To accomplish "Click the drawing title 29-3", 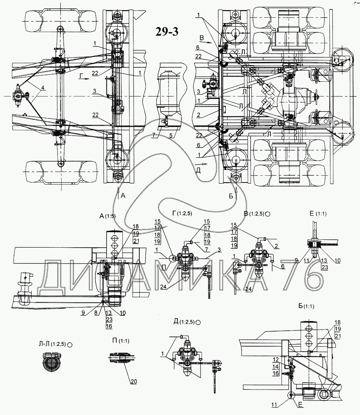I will (167, 32).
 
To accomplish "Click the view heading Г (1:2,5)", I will (180, 213).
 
